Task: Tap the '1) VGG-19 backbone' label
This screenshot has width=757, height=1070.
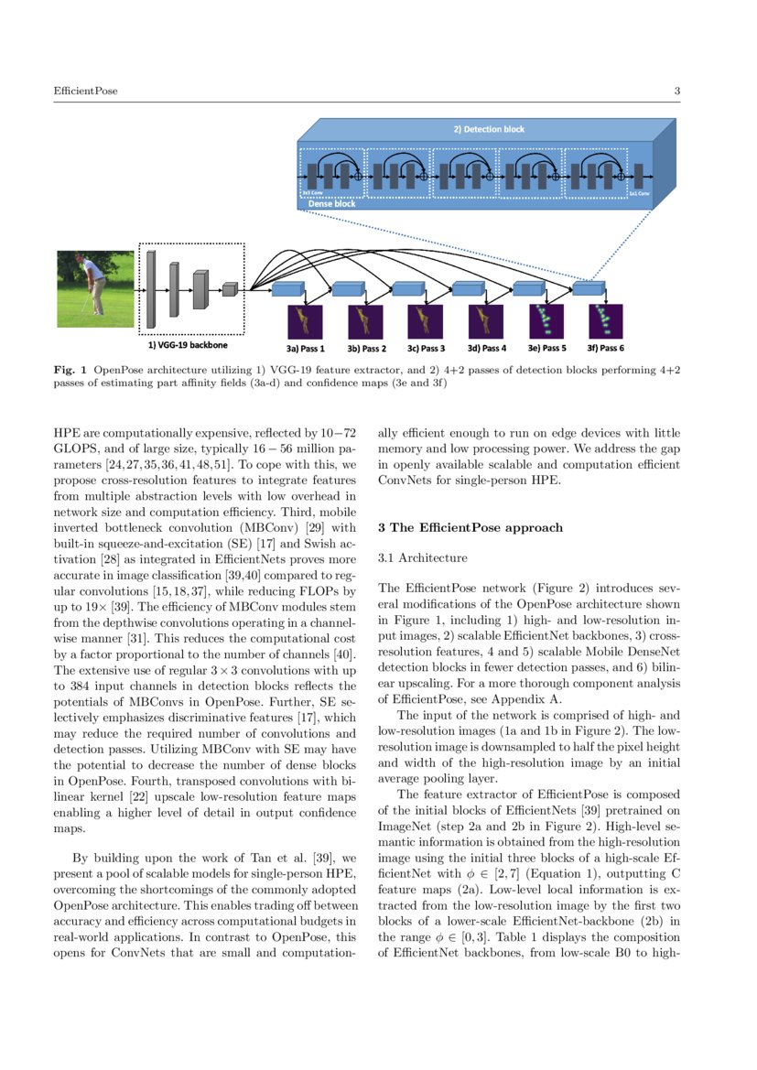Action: click(x=189, y=346)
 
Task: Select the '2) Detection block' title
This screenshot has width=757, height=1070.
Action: click(x=489, y=129)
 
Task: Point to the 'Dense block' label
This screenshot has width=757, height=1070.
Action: click(x=331, y=203)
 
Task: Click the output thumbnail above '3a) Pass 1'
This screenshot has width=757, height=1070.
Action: click(x=305, y=320)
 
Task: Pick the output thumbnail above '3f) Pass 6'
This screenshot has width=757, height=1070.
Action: click(x=605, y=320)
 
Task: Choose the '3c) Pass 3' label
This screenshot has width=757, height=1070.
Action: click(x=426, y=349)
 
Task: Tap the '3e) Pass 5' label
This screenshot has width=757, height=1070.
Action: click(x=546, y=349)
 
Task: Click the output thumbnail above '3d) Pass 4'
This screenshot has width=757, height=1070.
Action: click(x=485, y=320)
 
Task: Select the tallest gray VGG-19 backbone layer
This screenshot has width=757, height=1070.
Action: click(x=151, y=288)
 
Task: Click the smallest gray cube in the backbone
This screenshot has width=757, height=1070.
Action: click(x=229, y=289)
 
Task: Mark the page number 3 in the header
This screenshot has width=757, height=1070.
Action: click(x=676, y=91)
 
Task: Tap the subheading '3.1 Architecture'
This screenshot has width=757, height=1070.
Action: click(x=422, y=557)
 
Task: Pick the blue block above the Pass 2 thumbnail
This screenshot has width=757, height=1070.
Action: click(x=348, y=288)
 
